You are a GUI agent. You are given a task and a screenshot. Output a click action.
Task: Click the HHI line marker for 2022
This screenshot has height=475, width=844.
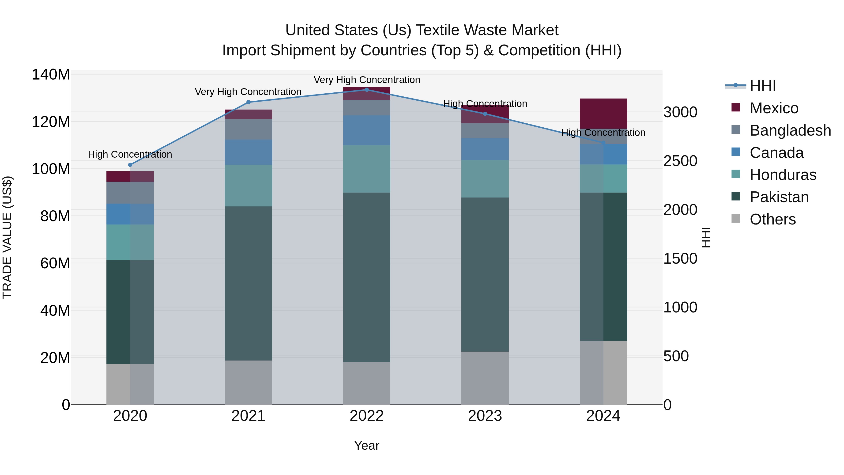tap(367, 90)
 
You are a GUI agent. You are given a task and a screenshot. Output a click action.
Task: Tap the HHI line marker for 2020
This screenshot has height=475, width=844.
tap(130, 165)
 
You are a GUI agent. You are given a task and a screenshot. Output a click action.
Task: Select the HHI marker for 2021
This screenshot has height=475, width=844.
tap(248, 102)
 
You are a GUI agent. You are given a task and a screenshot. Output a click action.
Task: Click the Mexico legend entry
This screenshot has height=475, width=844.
tap(774, 108)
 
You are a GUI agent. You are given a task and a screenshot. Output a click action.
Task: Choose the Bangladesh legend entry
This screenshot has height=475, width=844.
tap(790, 130)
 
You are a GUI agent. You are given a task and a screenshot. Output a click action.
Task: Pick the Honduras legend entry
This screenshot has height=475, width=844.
tap(783, 175)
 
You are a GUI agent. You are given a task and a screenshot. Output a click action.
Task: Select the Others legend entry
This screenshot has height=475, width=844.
tap(772, 219)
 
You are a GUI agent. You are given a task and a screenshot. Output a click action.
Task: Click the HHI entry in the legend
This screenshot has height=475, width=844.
tap(762, 86)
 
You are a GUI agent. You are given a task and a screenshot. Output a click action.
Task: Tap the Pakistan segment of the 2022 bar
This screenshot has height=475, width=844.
tap(367, 277)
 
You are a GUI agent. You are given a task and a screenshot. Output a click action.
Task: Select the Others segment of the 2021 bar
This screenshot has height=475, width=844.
tap(248, 382)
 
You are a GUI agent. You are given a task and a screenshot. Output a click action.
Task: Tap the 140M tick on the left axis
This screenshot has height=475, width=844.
tap(51, 75)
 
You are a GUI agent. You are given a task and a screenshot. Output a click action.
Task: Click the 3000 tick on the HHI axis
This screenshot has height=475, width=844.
tap(680, 112)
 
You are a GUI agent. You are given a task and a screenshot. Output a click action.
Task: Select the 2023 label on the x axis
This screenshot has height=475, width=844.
tap(485, 416)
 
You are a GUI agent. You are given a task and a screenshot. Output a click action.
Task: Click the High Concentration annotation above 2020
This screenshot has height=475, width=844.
tap(130, 154)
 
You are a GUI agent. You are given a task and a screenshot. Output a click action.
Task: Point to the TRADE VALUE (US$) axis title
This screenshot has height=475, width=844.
tap(7, 237)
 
